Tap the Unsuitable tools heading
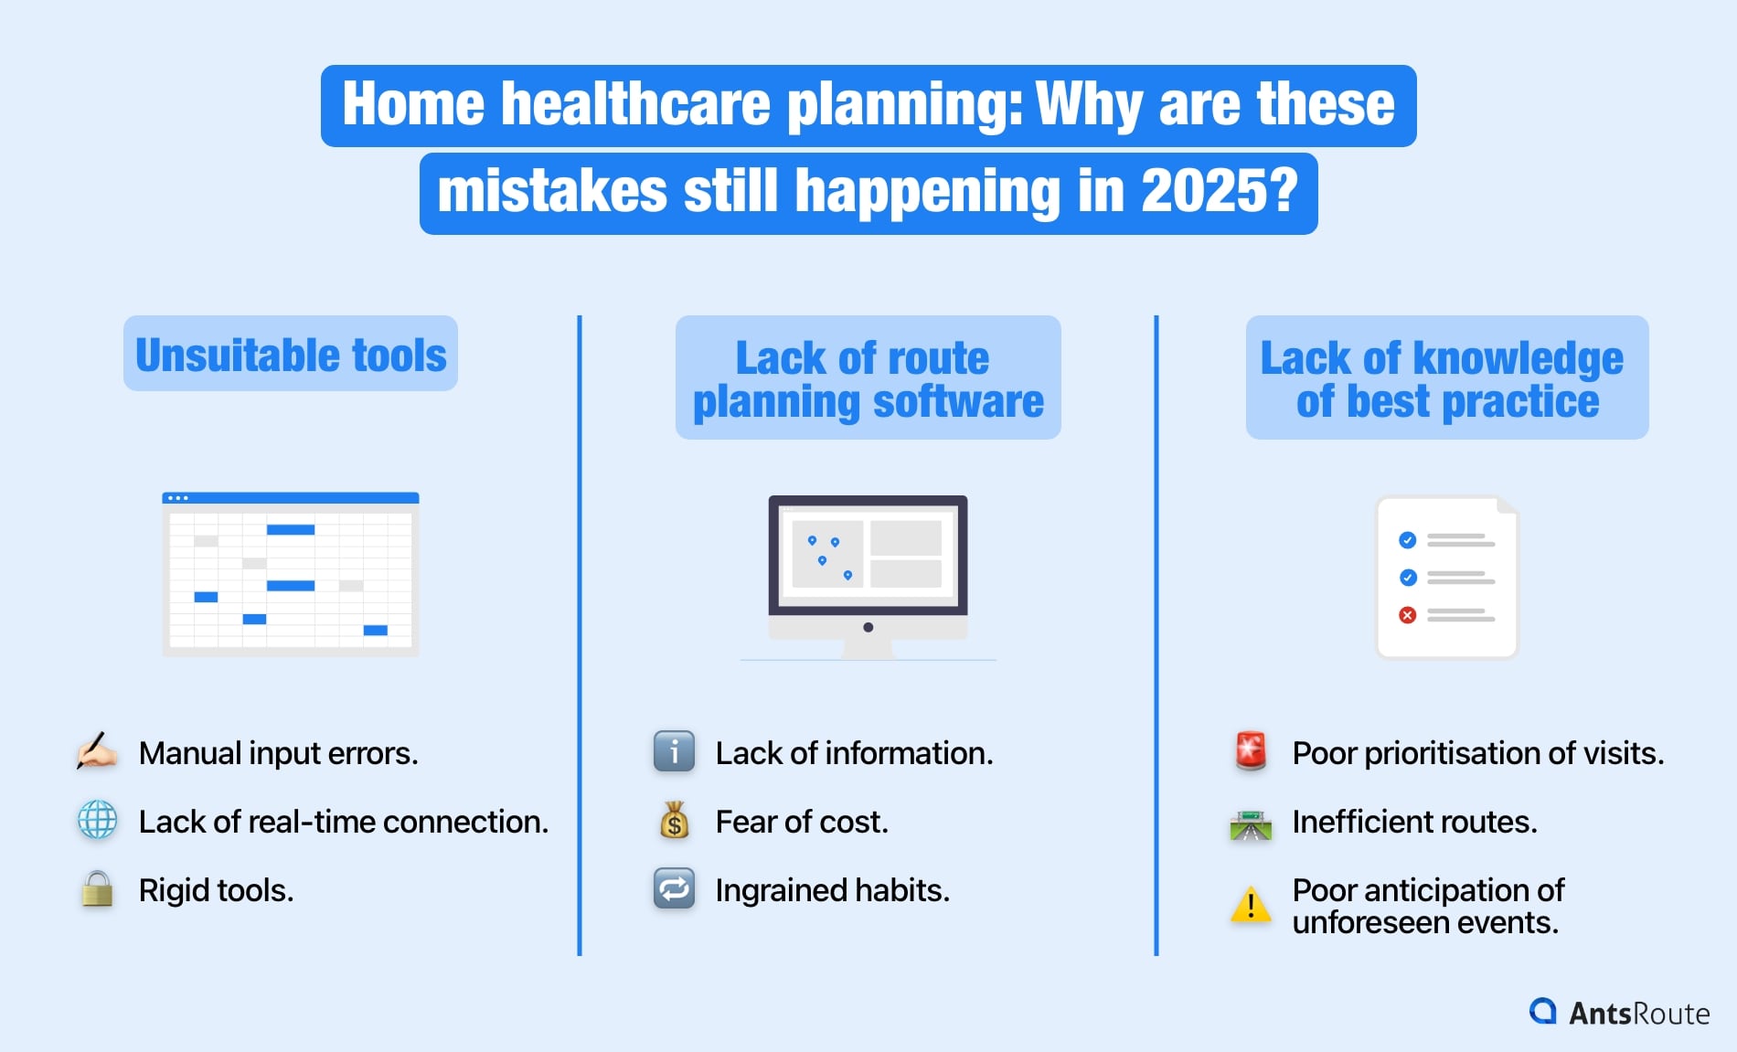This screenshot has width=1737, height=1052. [291, 355]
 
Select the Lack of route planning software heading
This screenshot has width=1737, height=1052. [868, 378]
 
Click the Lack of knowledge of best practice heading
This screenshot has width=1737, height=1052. [1446, 378]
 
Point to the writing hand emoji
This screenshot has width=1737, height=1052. [97, 752]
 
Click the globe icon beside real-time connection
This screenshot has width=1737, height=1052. [97, 820]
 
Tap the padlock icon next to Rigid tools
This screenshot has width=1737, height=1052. [97, 889]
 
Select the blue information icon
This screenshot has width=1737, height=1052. [674, 752]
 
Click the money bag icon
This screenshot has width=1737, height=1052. [674, 821]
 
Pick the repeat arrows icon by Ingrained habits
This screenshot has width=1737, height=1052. [674, 888]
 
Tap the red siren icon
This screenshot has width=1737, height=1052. [1251, 751]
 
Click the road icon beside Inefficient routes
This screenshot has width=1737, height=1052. [1251, 824]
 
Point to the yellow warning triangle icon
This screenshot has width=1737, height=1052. [1251, 905]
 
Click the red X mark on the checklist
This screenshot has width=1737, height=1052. [1408, 615]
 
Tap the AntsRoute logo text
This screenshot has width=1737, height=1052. [1638, 1013]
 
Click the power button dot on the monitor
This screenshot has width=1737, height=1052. [868, 627]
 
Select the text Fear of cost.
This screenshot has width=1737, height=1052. [801, 822]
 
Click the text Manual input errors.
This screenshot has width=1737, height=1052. [278, 753]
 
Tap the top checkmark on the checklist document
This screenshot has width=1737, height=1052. [1408, 540]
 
